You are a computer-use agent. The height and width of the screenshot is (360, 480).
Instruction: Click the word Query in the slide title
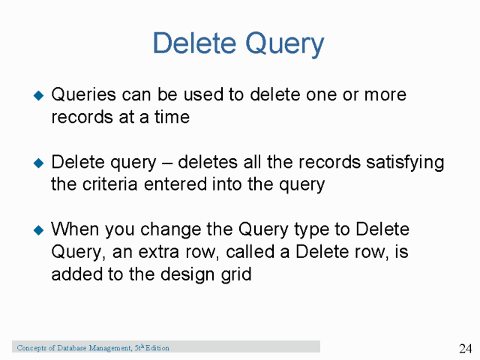(283, 45)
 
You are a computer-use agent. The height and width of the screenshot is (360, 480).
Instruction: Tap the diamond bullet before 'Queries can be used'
(39, 96)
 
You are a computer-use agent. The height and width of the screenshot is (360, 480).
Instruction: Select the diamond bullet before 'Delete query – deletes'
(39, 163)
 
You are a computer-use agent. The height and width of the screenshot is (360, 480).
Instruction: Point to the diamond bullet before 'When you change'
(39, 229)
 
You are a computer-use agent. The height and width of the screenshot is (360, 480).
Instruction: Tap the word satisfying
(410, 163)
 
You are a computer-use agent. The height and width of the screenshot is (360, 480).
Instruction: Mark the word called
(229, 251)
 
